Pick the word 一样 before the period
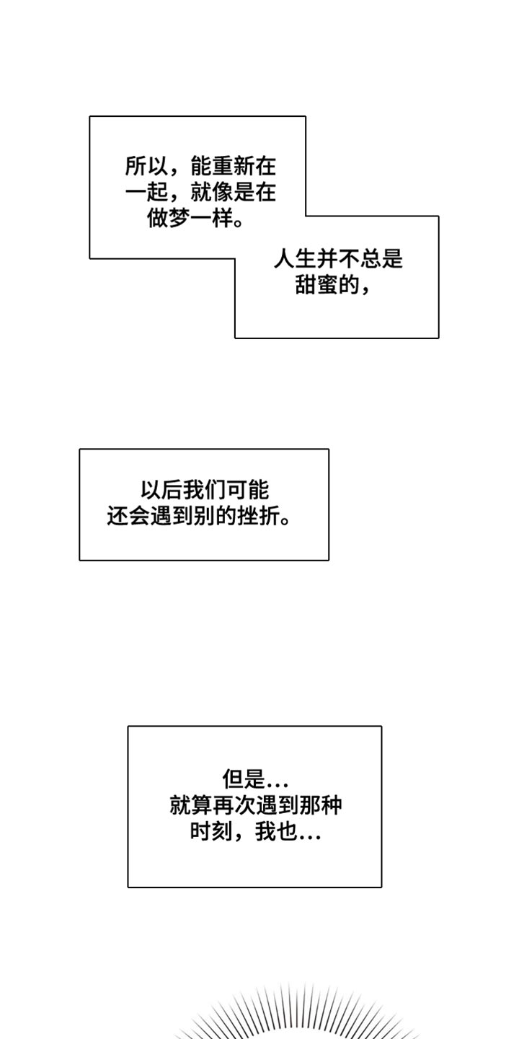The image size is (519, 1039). [211, 218]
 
